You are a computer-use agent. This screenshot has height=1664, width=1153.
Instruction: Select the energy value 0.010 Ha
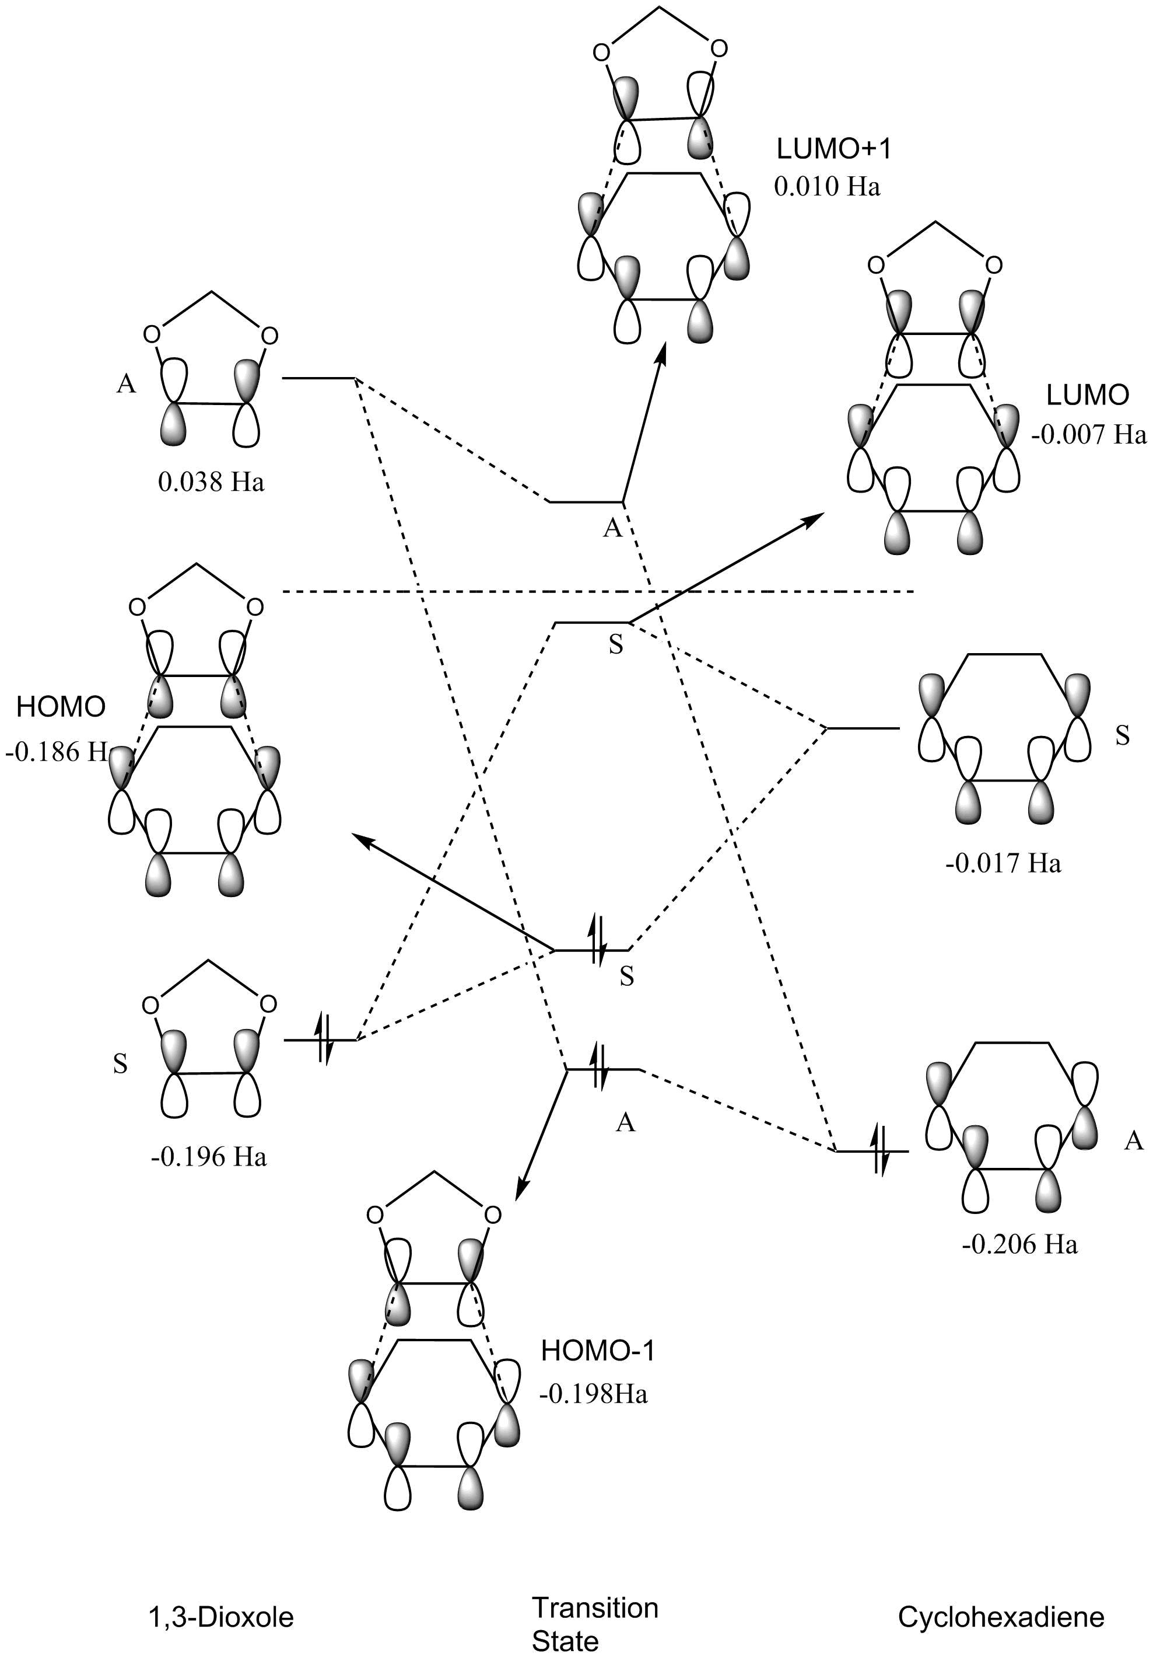coord(827,187)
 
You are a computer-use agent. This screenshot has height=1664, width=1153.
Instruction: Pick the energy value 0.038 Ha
coord(211,482)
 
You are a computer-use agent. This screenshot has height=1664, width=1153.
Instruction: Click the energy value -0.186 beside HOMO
coord(57,752)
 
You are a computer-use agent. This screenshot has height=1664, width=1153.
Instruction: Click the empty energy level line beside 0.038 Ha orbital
coord(318,377)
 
